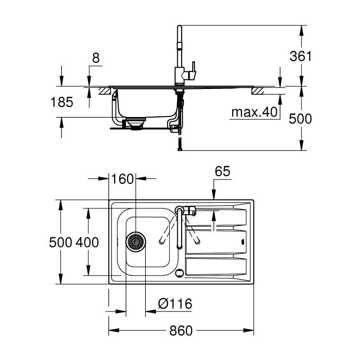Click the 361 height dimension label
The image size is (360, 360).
[x=301, y=56]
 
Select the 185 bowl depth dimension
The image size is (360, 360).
[x=62, y=102]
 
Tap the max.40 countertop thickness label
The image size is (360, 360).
[x=255, y=112]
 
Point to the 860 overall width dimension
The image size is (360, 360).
[x=181, y=331]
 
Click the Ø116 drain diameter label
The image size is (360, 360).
[x=175, y=304]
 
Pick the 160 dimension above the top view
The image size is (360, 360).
[x=122, y=179]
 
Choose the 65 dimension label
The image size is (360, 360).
[x=222, y=171]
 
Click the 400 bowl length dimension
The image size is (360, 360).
[x=87, y=242]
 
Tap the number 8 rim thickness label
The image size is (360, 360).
[x=96, y=58]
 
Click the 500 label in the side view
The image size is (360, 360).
[x=300, y=119]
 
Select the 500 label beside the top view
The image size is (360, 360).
[x=60, y=242]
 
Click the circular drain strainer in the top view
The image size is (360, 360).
[x=135, y=242]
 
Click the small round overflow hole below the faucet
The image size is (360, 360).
[x=179, y=273]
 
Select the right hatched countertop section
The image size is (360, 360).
[x=258, y=91]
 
